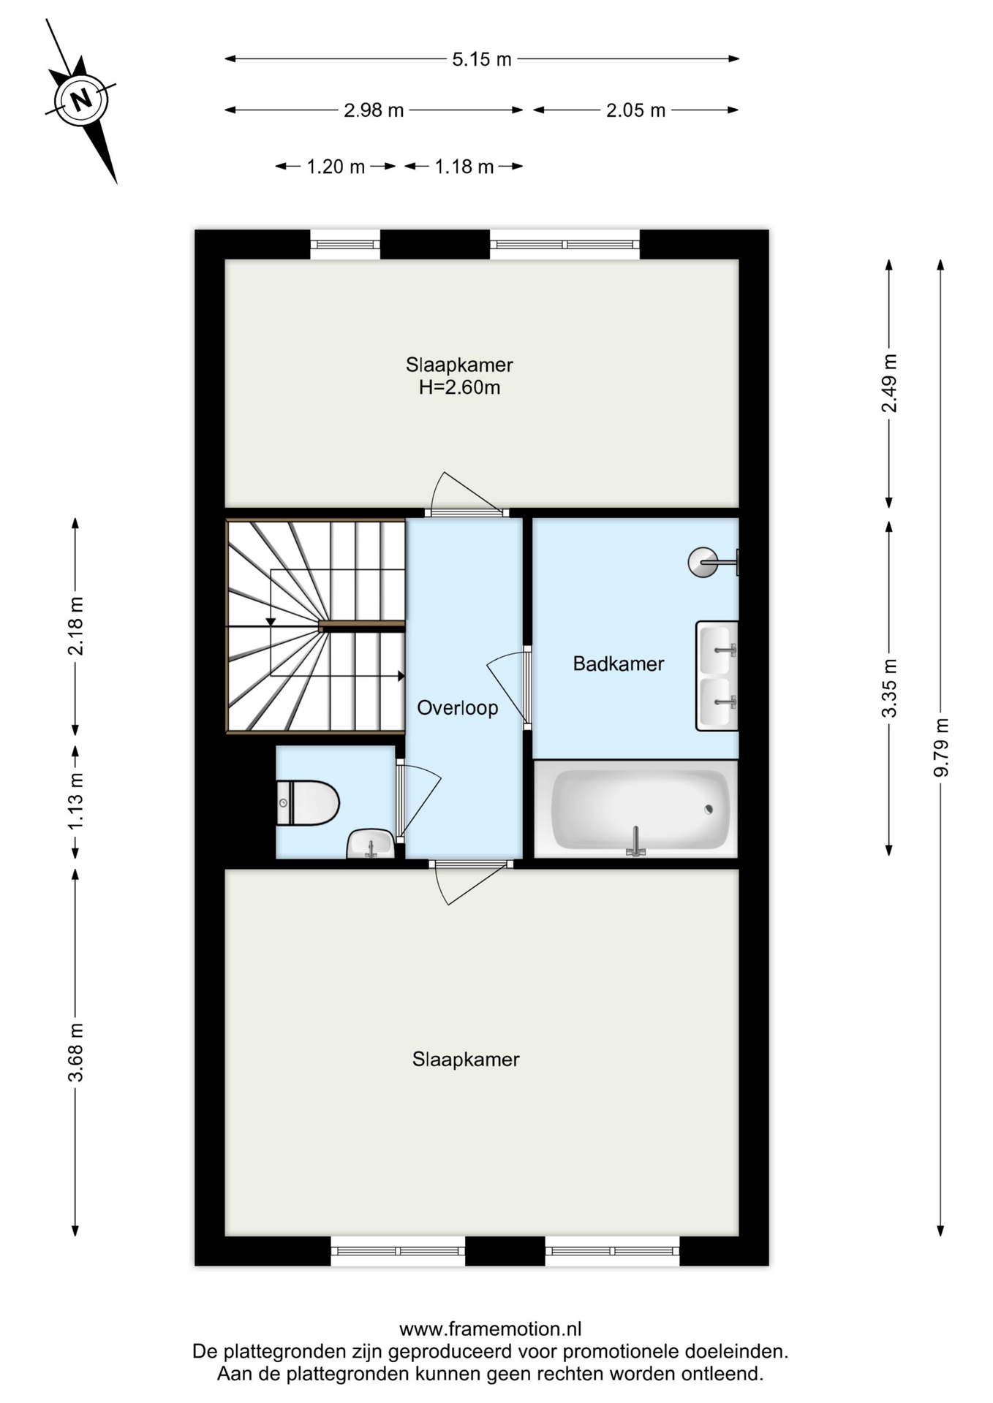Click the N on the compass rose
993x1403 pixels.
click(81, 99)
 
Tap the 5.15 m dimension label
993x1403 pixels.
click(481, 59)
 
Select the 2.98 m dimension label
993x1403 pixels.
click(374, 110)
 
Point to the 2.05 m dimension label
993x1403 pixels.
click(635, 110)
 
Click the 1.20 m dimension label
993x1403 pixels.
click(336, 167)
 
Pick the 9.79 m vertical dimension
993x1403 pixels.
click(941, 747)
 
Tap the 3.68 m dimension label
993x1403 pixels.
click(75, 1052)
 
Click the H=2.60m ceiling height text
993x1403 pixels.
click(459, 387)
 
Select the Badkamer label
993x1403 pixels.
click(619, 664)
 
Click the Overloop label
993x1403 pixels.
click(458, 707)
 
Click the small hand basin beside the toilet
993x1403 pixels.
click(370, 843)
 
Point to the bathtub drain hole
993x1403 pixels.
click(708, 809)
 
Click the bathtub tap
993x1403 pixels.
click(636, 841)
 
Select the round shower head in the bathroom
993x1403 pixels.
click(703, 562)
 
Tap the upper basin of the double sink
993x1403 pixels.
click(717, 649)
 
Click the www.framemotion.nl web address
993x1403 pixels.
click(490, 1328)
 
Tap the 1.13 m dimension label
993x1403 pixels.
click(75, 801)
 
